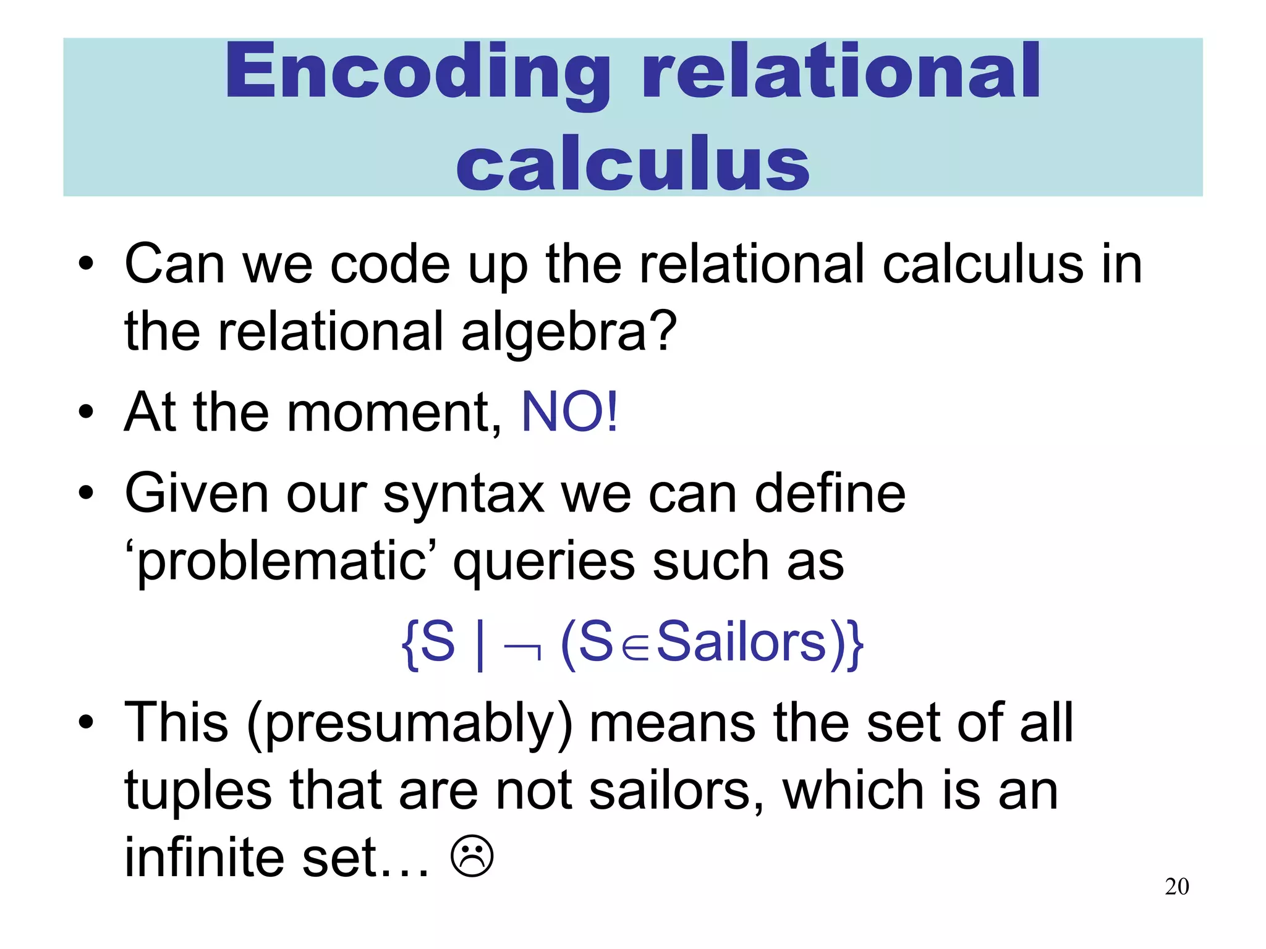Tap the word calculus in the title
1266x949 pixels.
(632, 162)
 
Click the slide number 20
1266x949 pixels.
(1176, 887)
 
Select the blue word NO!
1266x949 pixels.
(569, 412)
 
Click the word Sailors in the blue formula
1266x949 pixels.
(741, 643)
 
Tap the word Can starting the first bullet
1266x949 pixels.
(175, 264)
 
